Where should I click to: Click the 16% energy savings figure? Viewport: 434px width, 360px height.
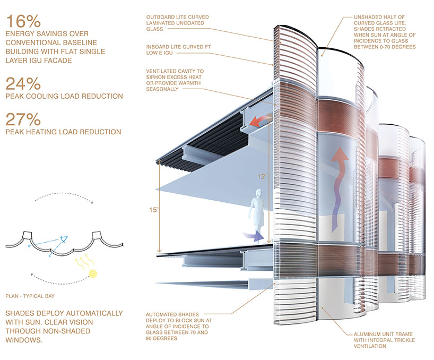(23, 22)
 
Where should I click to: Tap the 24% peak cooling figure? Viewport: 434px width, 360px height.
(23, 83)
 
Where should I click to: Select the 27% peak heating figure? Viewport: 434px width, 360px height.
(23, 119)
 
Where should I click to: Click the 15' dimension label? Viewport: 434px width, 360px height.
(153, 210)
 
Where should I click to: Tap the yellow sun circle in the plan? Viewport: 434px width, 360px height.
(94, 274)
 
